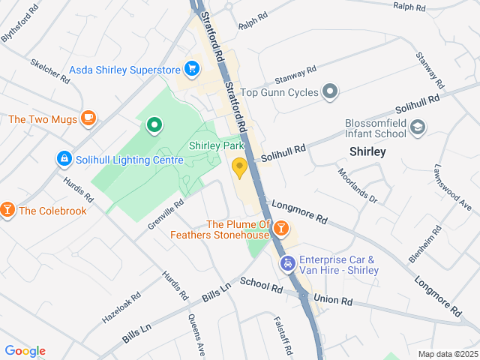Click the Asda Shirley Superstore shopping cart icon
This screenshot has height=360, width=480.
(x=192, y=70)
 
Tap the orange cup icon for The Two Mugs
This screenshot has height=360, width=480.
(x=88, y=118)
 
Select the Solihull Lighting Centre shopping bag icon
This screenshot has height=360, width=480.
(x=64, y=159)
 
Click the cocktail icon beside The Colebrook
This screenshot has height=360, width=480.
(x=7, y=209)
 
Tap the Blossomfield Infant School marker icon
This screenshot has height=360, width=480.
(x=418, y=130)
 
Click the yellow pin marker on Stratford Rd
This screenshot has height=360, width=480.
(x=239, y=168)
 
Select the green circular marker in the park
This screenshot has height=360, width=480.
(x=154, y=125)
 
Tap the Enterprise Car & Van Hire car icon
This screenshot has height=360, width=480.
(x=287, y=264)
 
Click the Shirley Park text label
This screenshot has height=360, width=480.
(x=217, y=145)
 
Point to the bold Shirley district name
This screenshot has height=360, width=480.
(x=367, y=151)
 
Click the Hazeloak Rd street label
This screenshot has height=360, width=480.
(x=121, y=307)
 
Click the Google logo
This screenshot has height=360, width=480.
(x=25, y=351)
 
